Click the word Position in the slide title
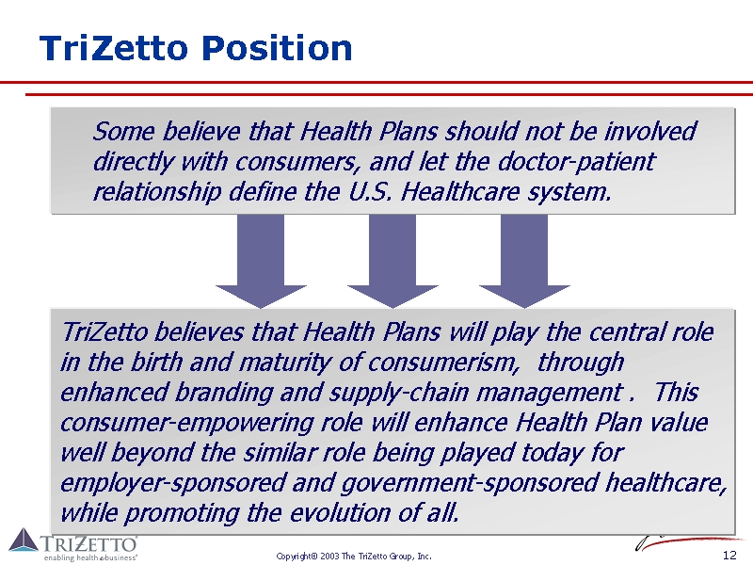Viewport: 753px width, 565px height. [277, 48]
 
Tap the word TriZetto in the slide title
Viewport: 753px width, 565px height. [113, 48]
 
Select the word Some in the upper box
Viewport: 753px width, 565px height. [123, 131]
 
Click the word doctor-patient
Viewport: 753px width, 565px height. [576, 162]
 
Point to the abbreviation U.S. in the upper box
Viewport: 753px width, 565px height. [370, 192]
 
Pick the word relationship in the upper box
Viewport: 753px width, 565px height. [156, 193]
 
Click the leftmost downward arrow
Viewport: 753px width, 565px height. [261, 262]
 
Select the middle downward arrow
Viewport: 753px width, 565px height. [393, 262]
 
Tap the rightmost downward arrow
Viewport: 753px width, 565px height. [525, 262]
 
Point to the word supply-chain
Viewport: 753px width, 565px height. [399, 394]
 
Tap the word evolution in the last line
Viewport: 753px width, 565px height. [340, 513]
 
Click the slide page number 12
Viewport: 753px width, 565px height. [729, 555]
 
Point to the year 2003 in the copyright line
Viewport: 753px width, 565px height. [329, 557]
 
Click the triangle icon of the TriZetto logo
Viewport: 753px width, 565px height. [24, 540]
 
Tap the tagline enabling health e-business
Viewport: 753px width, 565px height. [90, 557]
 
